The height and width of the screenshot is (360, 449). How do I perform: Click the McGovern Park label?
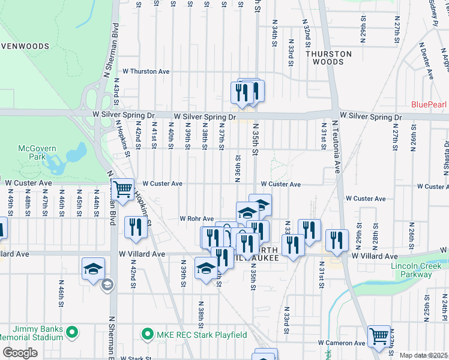tap(37, 152)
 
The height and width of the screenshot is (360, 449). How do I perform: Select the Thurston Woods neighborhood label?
tap(328, 58)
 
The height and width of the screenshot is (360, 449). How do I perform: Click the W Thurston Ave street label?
tap(146, 71)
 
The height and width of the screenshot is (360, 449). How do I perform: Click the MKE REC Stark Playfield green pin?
tap(146, 333)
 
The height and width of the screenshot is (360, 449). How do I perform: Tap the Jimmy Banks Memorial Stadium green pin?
tap(72, 331)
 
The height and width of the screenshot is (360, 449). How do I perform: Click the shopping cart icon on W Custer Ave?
tap(123, 190)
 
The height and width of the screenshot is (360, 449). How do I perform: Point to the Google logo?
tap(20, 353)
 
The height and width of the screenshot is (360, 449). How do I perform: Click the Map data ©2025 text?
tap(423, 355)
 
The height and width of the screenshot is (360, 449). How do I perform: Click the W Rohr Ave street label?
tap(197, 219)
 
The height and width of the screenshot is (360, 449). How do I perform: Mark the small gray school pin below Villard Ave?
tap(107, 284)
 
